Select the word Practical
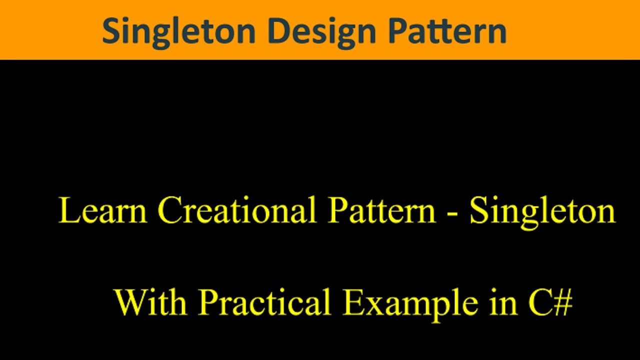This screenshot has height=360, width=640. (265, 302)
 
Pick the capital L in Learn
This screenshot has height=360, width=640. (68, 210)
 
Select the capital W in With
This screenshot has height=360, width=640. (129, 302)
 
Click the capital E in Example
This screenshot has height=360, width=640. (352, 302)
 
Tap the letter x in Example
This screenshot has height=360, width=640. (374, 305)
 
